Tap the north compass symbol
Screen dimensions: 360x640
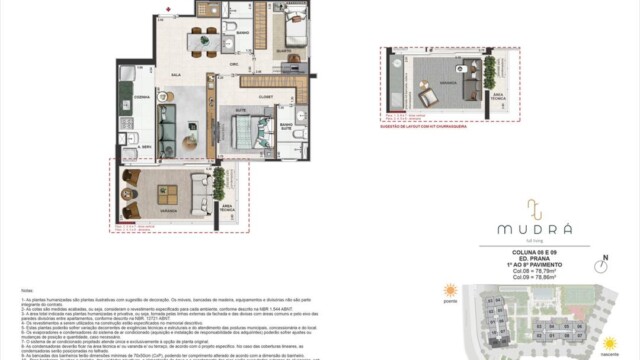[x=602, y=267]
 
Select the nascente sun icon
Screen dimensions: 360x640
[x=609, y=344]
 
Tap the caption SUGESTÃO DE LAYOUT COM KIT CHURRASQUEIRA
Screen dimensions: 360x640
[x=427, y=127]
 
